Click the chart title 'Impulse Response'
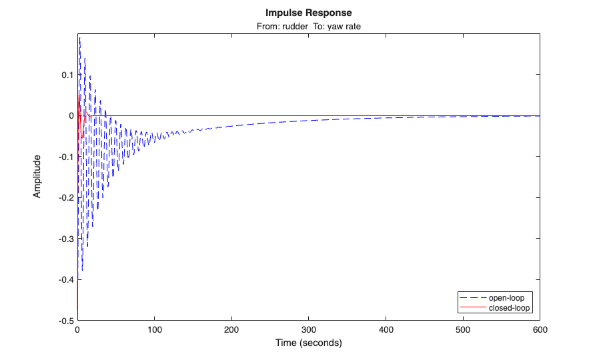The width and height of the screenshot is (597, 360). point(308,13)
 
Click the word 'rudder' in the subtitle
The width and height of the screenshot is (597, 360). point(291,27)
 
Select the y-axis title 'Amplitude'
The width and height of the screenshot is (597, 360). point(37,176)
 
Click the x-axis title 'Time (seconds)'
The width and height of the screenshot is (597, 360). point(308,343)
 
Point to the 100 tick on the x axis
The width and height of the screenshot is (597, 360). point(154,330)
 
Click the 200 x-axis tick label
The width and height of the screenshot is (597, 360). point(231,330)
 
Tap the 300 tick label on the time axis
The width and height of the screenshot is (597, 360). point(308,330)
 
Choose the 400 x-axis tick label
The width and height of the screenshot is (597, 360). point(386,330)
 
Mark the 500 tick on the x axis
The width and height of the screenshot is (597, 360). point(462,330)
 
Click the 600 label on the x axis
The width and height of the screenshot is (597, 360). point(539,330)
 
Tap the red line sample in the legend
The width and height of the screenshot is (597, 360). point(470,307)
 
